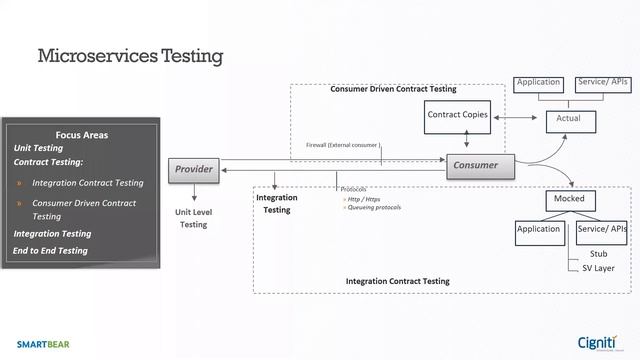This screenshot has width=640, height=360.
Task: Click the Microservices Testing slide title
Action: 129,55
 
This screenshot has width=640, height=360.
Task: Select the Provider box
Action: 193,169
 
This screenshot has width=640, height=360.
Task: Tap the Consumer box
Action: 475,165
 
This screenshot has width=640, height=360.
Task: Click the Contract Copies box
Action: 457,115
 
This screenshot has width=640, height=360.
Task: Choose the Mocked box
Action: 569,199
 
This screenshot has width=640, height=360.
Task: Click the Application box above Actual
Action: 538,83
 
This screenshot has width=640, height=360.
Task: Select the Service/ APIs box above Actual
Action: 603,83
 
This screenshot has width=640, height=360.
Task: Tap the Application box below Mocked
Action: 538,229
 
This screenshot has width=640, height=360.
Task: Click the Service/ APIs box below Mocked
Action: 603,229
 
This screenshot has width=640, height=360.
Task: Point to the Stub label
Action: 598,254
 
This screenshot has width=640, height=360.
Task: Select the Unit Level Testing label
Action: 193,218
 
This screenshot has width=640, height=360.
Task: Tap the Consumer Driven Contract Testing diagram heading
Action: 393,89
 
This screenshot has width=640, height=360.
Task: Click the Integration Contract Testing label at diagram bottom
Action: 397,282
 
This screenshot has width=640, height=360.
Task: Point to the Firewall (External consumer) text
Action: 343,145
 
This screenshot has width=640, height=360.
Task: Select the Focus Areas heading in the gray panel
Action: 82,134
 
